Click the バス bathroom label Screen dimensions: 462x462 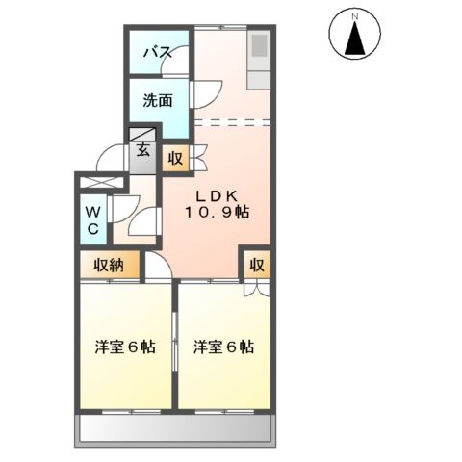pyautogui.click(x=158, y=53)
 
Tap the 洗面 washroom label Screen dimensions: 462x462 pyautogui.click(x=159, y=99)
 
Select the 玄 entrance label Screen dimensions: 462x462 pyautogui.click(x=142, y=149)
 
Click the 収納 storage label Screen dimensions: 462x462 pyautogui.click(x=108, y=265)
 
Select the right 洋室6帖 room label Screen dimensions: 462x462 pyautogui.click(x=223, y=346)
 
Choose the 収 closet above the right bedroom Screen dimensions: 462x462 pyautogui.click(x=257, y=265)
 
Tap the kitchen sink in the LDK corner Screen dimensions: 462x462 pyautogui.click(x=261, y=46)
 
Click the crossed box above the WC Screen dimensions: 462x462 pyautogui.click(x=102, y=181)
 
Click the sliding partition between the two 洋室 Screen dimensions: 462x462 pyautogui.click(x=174, y=346)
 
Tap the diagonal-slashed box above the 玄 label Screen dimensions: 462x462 pyautogui.click(x=142, y=135)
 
